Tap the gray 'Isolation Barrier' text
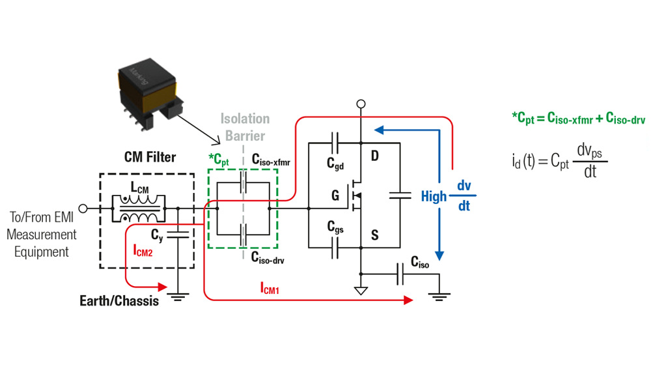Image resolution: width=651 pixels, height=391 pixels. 244,127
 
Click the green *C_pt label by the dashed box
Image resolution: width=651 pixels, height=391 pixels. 219,158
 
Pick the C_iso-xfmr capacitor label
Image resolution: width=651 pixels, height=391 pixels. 273,158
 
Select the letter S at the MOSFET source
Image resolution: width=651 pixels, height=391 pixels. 374,235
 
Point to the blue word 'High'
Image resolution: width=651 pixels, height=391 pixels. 434,195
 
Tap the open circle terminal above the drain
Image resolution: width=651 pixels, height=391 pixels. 361,104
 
